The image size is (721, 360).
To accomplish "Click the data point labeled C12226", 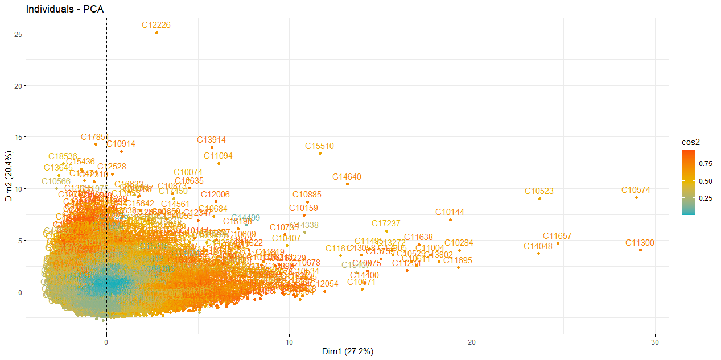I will coord(157,33).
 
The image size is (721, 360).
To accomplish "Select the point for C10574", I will coord(636,197).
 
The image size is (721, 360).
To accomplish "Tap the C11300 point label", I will coord(640,243).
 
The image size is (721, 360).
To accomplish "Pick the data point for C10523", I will coord(539,198).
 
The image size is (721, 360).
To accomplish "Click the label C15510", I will coord(319,146).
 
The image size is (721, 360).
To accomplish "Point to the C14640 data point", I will coord(347,184).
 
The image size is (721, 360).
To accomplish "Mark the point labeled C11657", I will coord(558,244).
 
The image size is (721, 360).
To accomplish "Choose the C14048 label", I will coord(538,246).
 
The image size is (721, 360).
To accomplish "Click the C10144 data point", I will coord(450,220).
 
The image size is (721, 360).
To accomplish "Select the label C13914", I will coord(212,140).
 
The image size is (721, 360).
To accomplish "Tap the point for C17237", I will coord(386,231).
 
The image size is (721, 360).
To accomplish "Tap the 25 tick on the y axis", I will coord(19,34).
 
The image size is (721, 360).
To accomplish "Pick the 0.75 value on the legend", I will coord(706,163).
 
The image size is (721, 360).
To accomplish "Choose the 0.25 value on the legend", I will coord(706,198).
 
